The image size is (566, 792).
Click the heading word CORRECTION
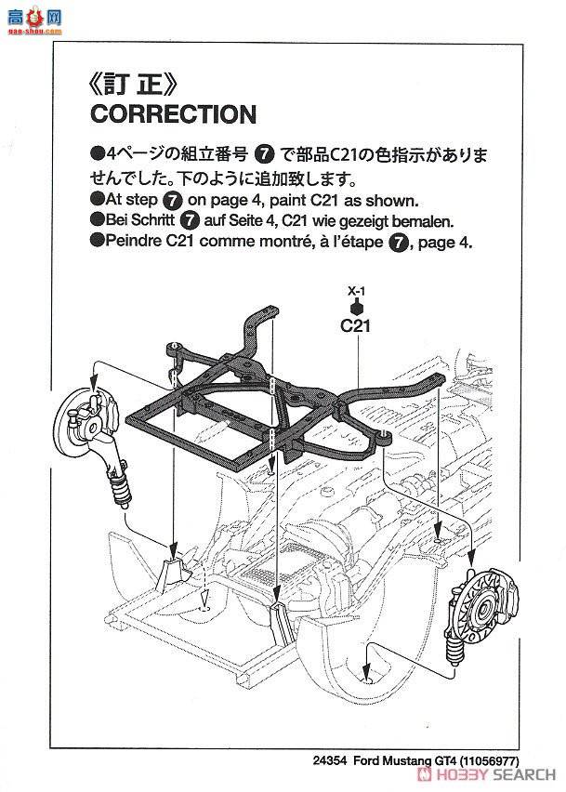point(172,114)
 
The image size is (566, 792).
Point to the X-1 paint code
point(356,289)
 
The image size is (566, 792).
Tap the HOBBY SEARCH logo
point(503,774)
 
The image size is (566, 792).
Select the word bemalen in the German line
point(422,221)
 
